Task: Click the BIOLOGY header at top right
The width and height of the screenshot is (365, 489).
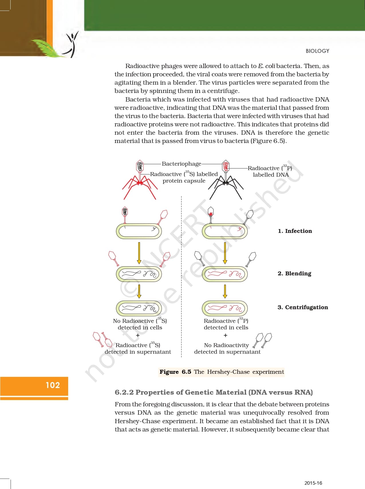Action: [317, 51]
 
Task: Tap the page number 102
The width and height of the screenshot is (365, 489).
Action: [53, 385]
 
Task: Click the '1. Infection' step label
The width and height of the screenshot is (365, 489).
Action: [295, 231]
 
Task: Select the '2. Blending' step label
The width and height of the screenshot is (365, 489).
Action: [294, 273]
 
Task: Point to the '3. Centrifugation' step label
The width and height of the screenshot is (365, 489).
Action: [303, 307]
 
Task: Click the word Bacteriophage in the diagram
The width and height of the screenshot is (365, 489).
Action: [181, 164]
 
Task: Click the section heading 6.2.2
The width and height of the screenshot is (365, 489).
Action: [214, 392]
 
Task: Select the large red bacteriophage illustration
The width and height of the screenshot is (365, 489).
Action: [140, 180]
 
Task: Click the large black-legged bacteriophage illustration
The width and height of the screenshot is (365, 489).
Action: [226, 180]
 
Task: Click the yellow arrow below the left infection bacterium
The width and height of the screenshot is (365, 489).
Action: [139, 253]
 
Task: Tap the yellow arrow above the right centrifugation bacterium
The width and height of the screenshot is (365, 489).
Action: [225, 291]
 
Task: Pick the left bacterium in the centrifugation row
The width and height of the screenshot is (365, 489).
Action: [139, 308]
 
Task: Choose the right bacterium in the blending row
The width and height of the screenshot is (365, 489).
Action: [225, 274]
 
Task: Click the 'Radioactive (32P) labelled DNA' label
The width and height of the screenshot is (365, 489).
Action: [270, 171]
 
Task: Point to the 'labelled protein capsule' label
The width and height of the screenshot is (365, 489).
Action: [184, 177]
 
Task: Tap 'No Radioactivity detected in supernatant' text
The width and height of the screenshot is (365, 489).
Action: [227, 348]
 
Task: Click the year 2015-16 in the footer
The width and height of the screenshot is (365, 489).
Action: [313, 483]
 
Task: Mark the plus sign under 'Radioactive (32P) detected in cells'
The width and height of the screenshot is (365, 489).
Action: [226, 335]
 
